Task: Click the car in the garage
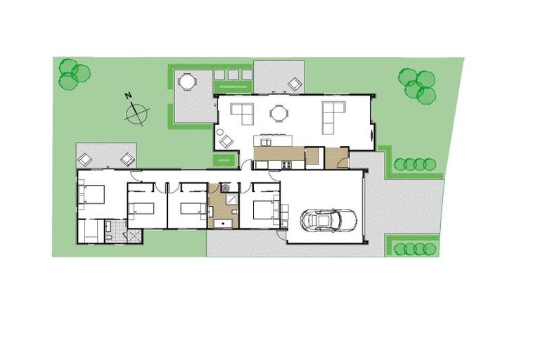tap(328, 220)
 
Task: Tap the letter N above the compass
tap(128, 96)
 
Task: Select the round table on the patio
tap(186, 82)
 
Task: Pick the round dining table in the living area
tap(279, 112)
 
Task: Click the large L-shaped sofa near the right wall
tap(332, 116)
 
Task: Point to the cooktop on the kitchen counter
tap(287, 165)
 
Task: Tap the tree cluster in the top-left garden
tap(72, 74)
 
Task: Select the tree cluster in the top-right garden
tap(417, 85)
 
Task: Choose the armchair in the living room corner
tap(226, 141)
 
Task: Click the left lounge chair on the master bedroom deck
tap(84, 159)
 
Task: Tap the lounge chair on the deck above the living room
tap(295, 84)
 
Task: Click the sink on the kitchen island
tap(266, 141)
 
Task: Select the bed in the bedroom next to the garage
tap(264, 210)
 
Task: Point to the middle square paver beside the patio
tap(232, 75)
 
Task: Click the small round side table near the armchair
tap(219, 131)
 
